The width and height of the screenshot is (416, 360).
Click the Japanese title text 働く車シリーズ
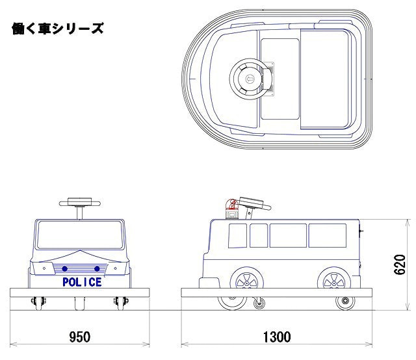tap(58, 29)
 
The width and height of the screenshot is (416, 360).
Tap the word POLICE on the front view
tap(82, 282)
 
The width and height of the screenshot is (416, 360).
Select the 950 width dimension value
tap(79, 337)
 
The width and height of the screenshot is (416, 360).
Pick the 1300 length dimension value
tap(277, 337)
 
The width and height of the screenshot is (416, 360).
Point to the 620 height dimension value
tap(400, 264)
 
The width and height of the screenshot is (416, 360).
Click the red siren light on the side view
tap(233, 209)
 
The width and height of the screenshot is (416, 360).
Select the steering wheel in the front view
tap(80, 203)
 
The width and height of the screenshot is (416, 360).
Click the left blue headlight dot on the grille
tap(64, 269)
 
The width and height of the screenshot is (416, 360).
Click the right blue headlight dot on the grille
tap(97, 269)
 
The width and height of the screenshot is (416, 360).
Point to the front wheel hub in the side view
tap(247, 283)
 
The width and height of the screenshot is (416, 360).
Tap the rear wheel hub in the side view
tap(334, 283)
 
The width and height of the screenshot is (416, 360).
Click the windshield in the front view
tap(80, 235)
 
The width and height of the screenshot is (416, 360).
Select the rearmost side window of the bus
tap(328, 236)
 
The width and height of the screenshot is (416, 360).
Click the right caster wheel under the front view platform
tap(121, 302)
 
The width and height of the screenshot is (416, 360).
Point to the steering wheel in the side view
tap(254, 203)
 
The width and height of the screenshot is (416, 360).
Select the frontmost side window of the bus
tap(237, 236)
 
